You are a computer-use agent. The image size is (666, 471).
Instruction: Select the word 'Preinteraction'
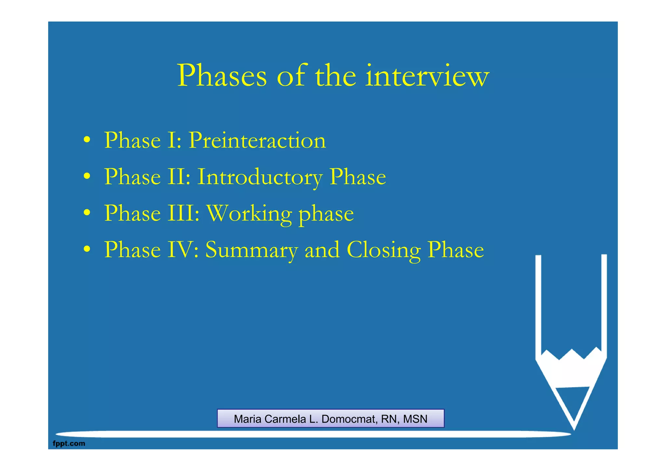pyautogui.click(x=257, y=140)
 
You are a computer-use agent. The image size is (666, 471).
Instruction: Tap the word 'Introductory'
pyautogui.click(x=260, y=177)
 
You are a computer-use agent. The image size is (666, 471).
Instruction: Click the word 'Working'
pyautogui.click(x=249, y=214)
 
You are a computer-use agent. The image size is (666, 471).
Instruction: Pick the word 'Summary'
pyautogui.click(x=251, y=250)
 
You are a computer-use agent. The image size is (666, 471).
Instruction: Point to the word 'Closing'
pyautogui.click(x=384, y=250)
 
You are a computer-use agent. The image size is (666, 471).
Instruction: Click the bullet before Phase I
pyautogui.click(x=87, y=140)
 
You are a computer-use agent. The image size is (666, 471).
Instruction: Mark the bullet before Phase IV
pyautogui.click(x=87, y=250)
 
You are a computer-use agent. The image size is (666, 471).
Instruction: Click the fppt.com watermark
pyautogui.click(x=69, y=443)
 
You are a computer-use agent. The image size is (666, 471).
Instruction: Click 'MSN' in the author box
pyautogui.click(x=415, y=419)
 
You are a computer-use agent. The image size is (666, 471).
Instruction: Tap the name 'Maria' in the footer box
pyautogui.click(x=248, y=419)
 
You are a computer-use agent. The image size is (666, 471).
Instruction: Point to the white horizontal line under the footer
pyautogui.click(x=312, y=434)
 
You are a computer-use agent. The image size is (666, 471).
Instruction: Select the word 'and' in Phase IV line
pyautogui.click(x=322, y=250)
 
